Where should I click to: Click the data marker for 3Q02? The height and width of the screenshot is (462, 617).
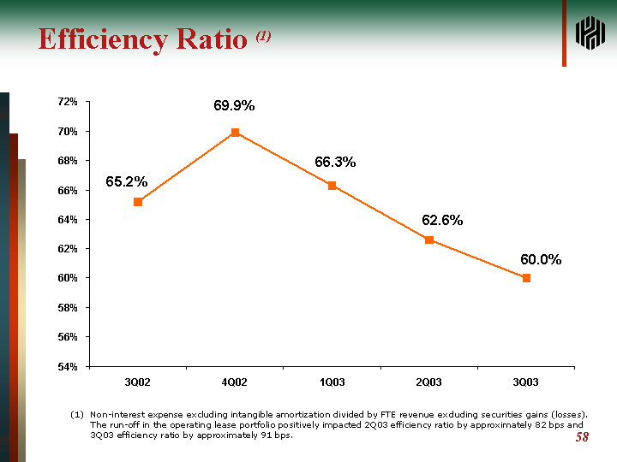tap(138, 202)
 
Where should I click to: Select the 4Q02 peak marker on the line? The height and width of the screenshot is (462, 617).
tap(235, 133)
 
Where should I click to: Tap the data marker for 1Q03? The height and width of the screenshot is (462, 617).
tap(332, 186)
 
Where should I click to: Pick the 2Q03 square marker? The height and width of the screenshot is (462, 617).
tap(429, 240)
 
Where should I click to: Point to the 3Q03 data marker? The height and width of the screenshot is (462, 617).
tap(526, 278)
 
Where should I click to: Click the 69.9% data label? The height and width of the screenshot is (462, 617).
tap(234, 106)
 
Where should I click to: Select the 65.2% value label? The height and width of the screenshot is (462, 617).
tap(127, 182)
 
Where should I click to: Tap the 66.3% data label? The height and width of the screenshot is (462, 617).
tap(335, 163)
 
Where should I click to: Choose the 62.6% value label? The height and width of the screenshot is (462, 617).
tap(442, 221)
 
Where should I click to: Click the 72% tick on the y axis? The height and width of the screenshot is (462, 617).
tap(68, 102)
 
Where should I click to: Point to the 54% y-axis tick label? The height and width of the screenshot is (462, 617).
tap(68, 366)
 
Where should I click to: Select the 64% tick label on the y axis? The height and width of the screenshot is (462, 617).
tap(68, 220)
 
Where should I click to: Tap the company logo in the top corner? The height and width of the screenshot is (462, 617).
tap(590, 33)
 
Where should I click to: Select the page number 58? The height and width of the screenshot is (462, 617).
tap(582, 438)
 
